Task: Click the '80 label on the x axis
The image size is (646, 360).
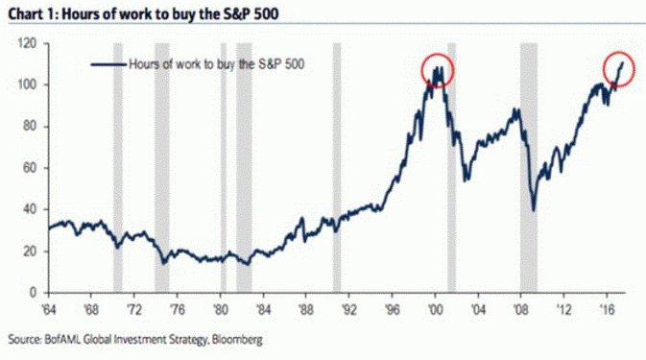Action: [221, 310]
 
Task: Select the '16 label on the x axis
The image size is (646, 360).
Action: [607, 310]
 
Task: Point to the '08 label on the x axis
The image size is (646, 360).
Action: [520, 310]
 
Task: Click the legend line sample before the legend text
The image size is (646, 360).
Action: [108, 65]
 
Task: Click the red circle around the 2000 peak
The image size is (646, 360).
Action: [438, 70]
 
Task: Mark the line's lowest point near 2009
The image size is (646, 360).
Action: [533, 210]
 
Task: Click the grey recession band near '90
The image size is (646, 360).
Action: [337, 168]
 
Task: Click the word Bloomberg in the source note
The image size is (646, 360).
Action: [231, 339]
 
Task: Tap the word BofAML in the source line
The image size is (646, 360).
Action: [60, 339]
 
